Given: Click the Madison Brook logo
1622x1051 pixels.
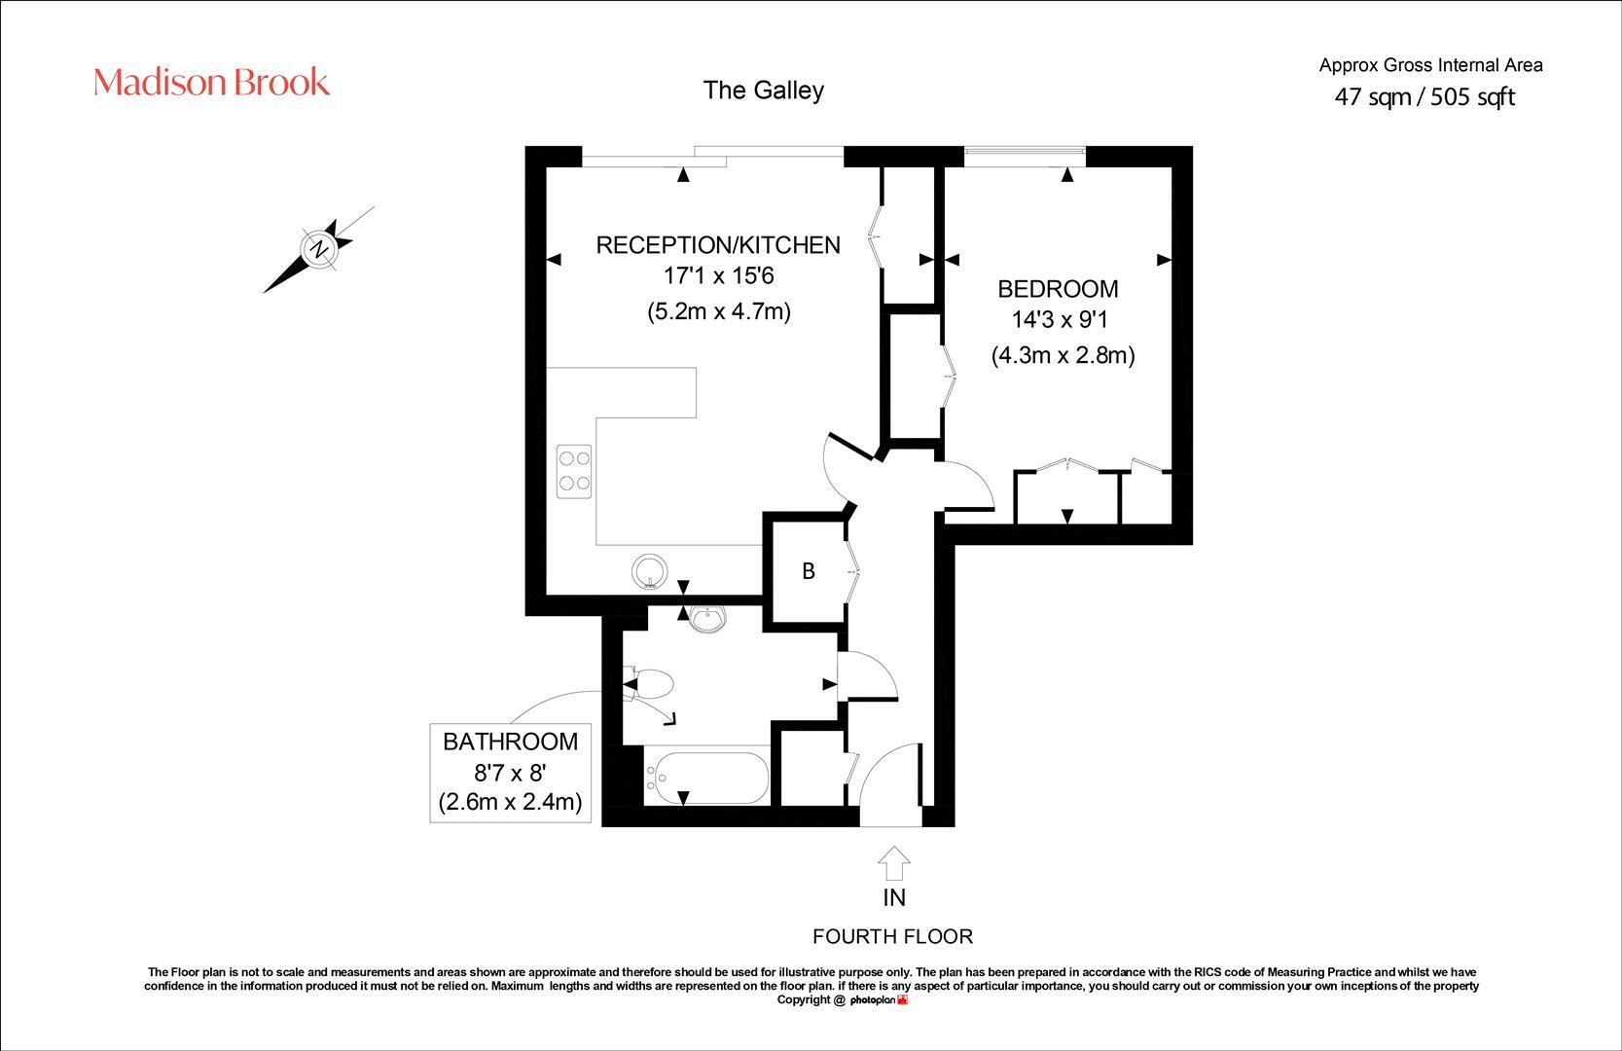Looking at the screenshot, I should click(211, 83).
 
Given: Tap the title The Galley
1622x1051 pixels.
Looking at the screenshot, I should click(763, 91).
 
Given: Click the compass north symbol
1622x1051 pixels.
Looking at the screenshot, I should click(318, 249).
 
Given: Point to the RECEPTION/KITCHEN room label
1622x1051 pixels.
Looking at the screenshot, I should click(717, 244).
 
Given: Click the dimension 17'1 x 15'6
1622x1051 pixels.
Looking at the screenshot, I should click(717, 276).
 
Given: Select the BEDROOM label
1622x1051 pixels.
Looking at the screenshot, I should click(1058, 289).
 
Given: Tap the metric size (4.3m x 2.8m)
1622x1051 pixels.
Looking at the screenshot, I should click(1063, 355).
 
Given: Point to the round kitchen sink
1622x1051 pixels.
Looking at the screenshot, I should click(649, 571).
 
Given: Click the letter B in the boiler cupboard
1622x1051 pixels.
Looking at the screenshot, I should click(808, 572).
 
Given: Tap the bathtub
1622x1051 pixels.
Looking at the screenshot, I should click(707, 778).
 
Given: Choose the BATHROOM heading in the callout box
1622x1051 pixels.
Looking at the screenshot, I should click(510, 742).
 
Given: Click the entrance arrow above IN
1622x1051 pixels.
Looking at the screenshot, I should click(893, 862).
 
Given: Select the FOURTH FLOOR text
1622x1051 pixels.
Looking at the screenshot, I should click(892, 936).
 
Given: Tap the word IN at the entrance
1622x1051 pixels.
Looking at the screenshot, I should click(893, 897).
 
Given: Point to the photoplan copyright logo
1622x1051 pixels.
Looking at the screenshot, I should click(878, 1000).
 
